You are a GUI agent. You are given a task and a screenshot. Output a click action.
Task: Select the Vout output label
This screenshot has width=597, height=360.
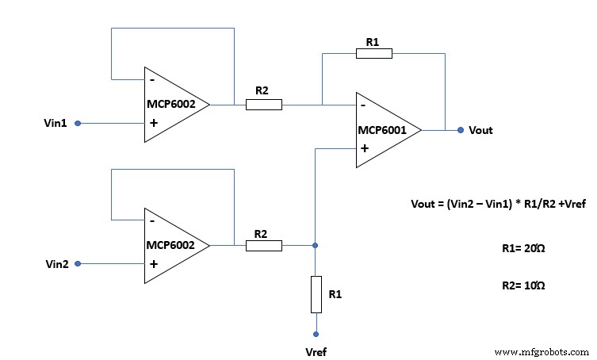pyautogui.click(x=480, y=130)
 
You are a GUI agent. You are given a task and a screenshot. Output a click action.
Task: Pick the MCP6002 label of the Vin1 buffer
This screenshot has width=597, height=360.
pyautogui.click(x=170, y=105)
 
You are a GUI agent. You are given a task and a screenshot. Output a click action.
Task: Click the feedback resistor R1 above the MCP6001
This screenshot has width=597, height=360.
pyautogui.click(x=373, y=53)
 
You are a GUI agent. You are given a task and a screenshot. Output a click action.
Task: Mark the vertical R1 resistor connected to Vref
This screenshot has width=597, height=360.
pyautogui.click(x=316, y=293)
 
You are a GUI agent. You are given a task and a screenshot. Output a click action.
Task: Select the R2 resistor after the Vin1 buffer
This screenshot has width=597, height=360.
pyautogui.click(x=263, y=104)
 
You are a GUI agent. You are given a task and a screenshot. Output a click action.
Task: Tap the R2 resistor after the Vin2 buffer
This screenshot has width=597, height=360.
pyautogui.click(x=263, y=246)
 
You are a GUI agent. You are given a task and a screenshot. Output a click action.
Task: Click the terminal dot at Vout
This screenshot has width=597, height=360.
pyautogui.click(x=460, y=129)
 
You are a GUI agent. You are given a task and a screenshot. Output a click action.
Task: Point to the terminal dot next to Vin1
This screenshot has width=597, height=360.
pyautogui.click(x=77, y=123)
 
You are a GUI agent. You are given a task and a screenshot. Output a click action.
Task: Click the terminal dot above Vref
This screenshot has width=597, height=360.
pyautogui.click(x=316, y=335)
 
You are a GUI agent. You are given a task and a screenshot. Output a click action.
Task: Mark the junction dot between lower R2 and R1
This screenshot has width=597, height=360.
pyautogui.click(x=316, y=246)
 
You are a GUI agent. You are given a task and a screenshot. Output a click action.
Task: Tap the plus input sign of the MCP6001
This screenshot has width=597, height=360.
pyautogui.click(x=363, y=148)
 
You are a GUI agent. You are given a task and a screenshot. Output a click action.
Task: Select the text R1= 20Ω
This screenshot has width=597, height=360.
pyautogui.click(x=523, y=249)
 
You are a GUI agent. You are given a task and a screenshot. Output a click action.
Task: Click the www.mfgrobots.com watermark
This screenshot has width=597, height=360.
pyautogui.click(x=542, y=350)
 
